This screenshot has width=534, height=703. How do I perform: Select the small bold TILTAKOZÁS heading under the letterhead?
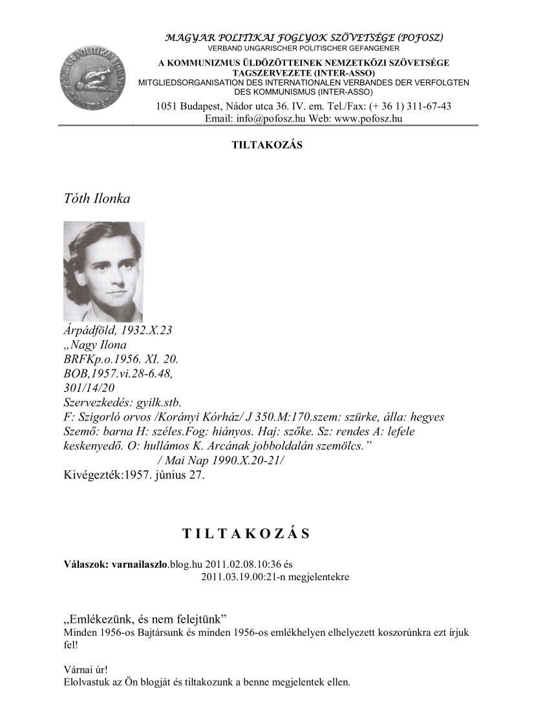267,145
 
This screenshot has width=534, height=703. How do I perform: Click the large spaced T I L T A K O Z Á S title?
246,534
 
